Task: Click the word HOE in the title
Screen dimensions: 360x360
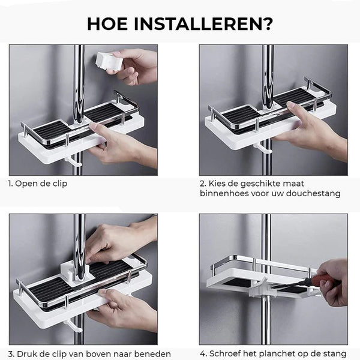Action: tap(107, 23)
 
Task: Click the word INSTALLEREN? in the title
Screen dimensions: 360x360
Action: tap(203, 23)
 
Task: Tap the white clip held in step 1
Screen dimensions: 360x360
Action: tap(107, 61)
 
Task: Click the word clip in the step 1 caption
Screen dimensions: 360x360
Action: tap(59, 184)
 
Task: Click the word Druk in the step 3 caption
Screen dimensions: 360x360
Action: tap(26, 354)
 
